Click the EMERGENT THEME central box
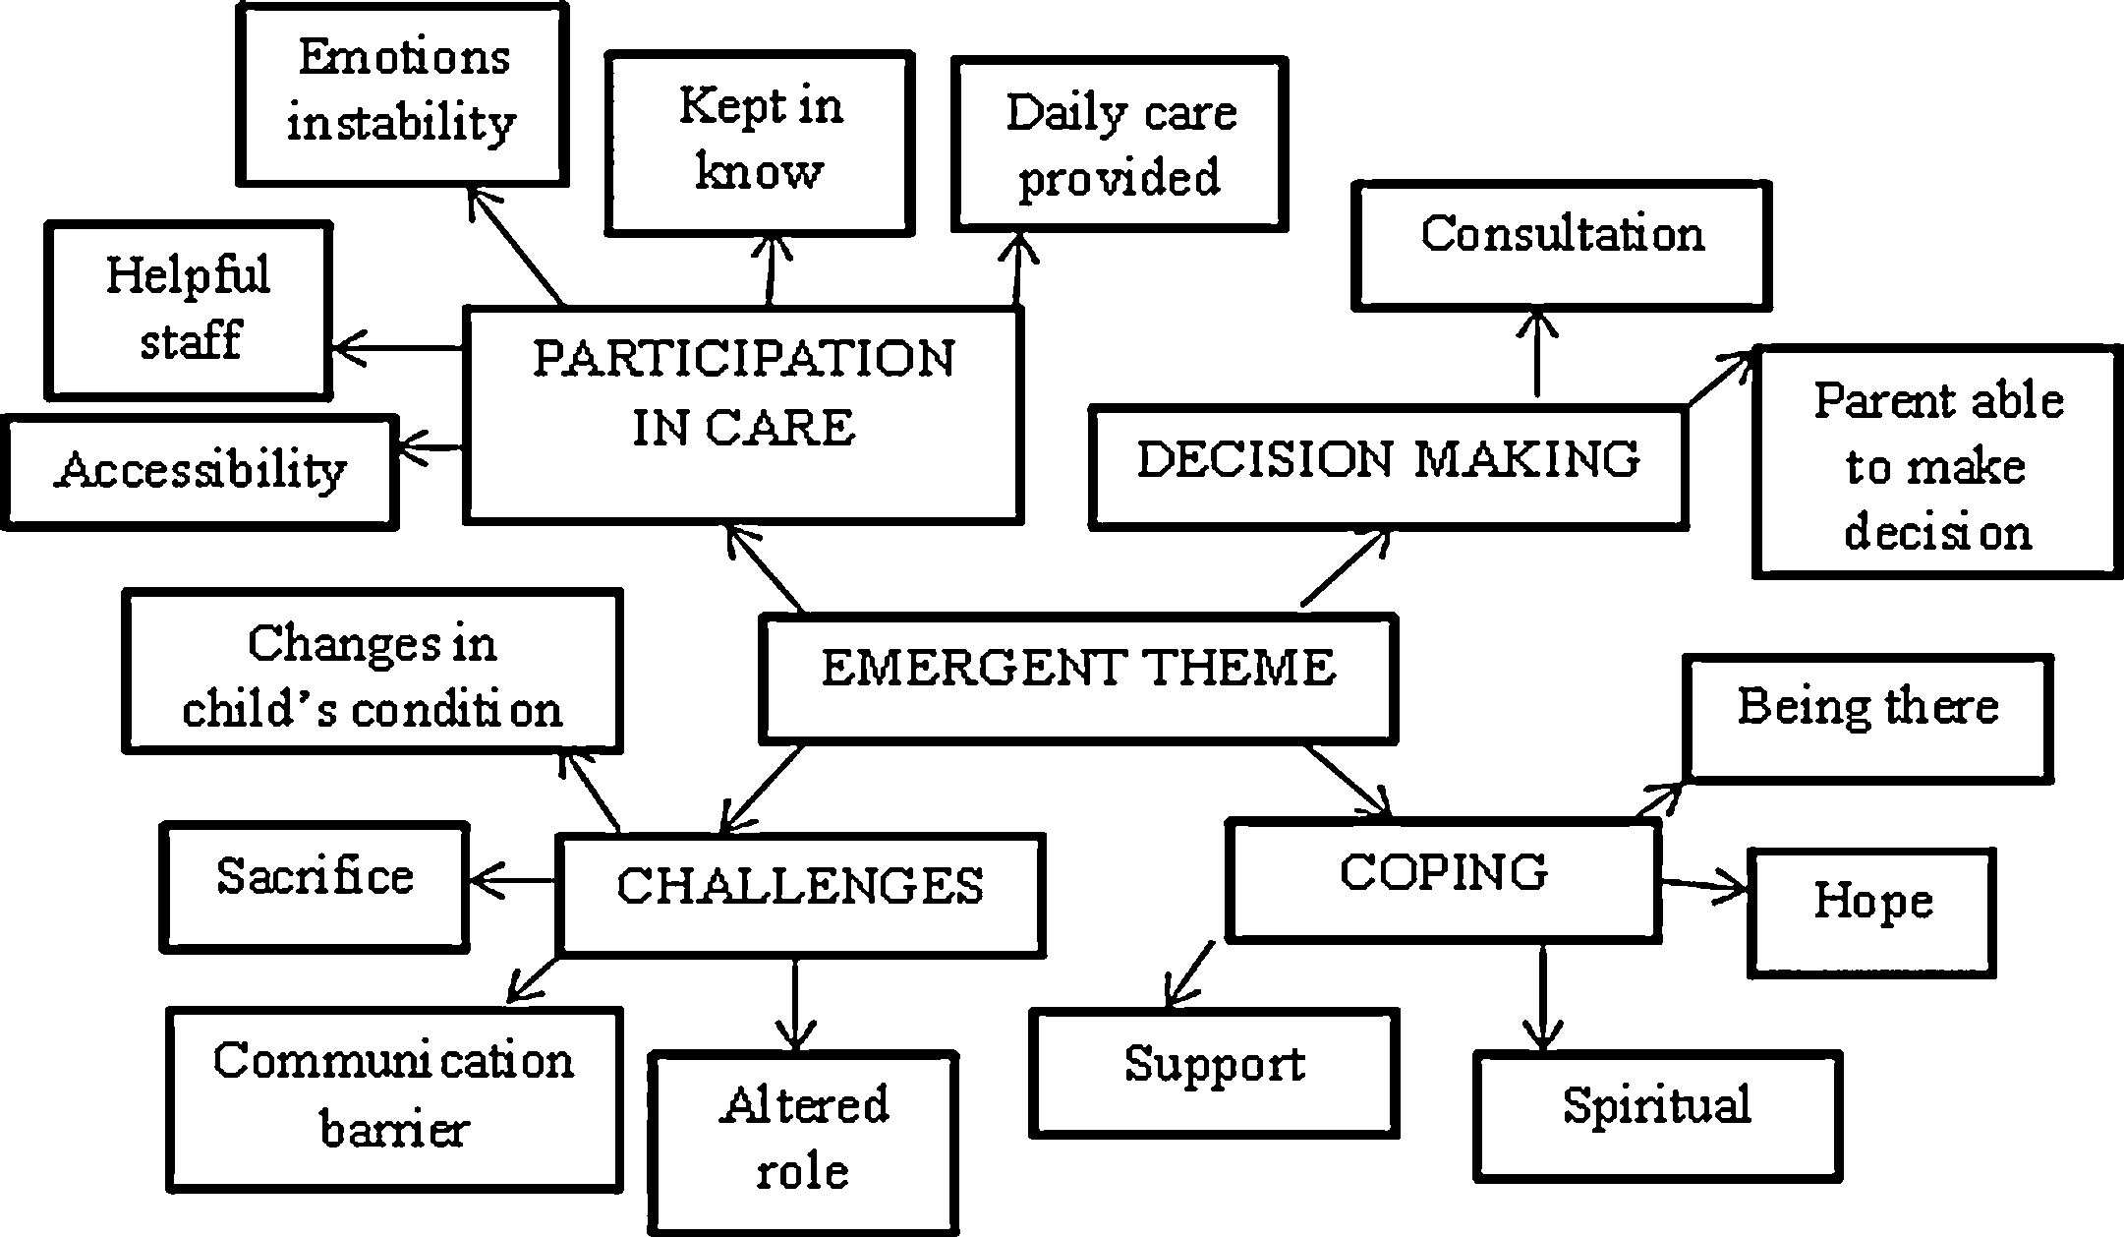(x=1078, y=677)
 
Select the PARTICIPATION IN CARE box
(x=743, y=414)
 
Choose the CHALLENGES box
(x=800, y=893)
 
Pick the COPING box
(x=1443, y=879)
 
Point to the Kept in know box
(x=760, y=144)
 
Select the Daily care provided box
(x=1119, y=144)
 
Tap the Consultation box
(x=1562, y=244)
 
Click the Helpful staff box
(x=188, y=310)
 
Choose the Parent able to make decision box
(x=1936, y=461)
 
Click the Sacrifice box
(x=315, y=886)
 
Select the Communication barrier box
(x=394, y=1098)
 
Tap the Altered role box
(x=803, y=1142)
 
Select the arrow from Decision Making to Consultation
(x=1537, y=354)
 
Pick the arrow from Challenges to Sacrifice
(x=512, y=880)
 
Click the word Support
(x=1215, y=1064)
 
